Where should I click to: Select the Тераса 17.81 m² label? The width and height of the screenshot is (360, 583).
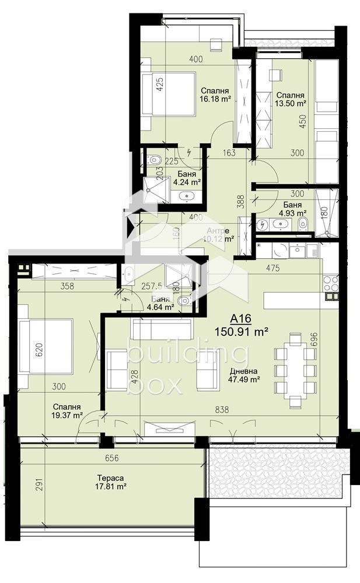pyautogui.click(x=112, y=482)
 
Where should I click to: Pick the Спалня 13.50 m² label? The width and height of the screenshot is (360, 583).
pyautogui.click(x=291, y=99)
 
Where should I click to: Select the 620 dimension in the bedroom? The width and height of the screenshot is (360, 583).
pyautogui.click(x=24, y=350)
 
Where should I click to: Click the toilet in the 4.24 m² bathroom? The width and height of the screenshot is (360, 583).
pyautogui.click(x=153, y=159)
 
